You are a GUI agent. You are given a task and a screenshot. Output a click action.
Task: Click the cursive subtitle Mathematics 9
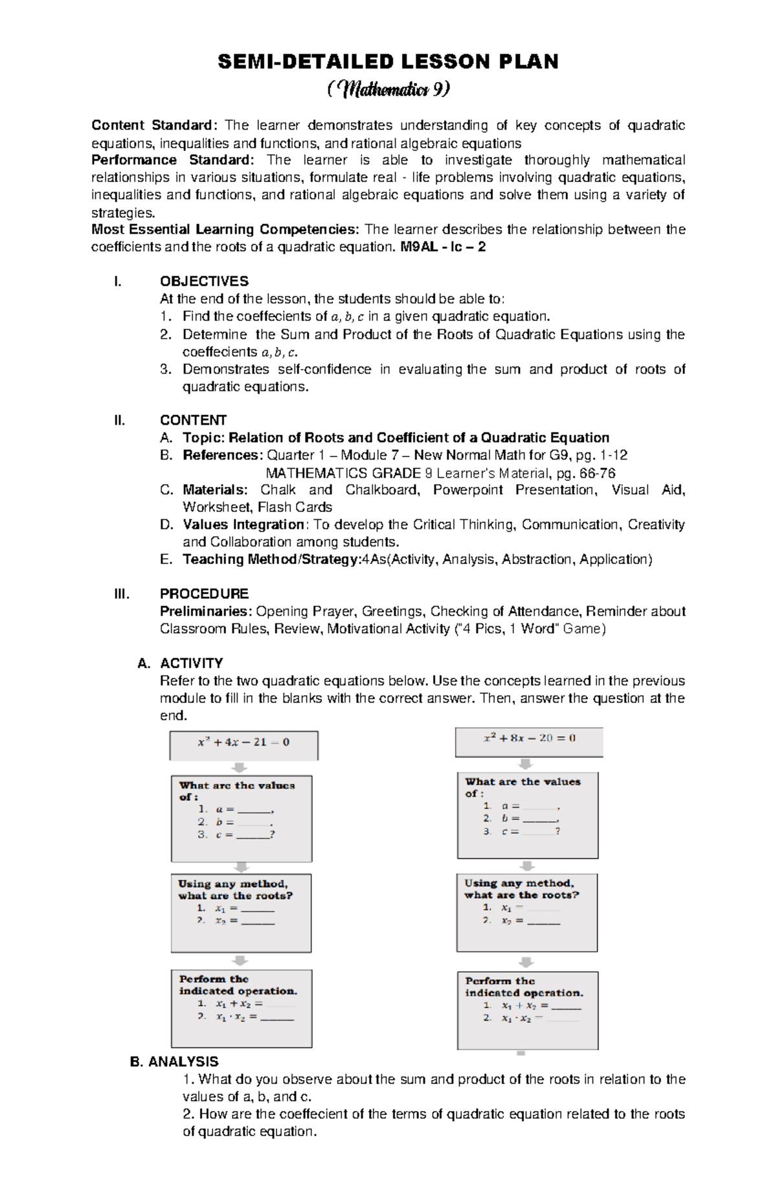(x=388, y=89)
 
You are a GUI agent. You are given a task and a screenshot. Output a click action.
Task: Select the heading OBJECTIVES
(x=204, y=281)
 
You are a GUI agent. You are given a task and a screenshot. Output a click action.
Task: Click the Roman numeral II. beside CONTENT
(x=118, y=420)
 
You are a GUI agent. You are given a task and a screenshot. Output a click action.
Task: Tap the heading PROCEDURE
(x=204, y=594)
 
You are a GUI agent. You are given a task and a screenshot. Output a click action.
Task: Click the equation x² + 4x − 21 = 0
(x=243, y=743)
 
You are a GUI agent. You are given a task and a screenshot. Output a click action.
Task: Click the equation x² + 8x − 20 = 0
(x=530, y=738)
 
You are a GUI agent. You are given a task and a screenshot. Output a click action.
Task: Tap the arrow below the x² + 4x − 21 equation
(x=240, y=767)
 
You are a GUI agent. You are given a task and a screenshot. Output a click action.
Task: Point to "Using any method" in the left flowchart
(x=233, y=884)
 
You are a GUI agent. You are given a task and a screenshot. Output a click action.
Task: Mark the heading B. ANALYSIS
(x=174, y=1062)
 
